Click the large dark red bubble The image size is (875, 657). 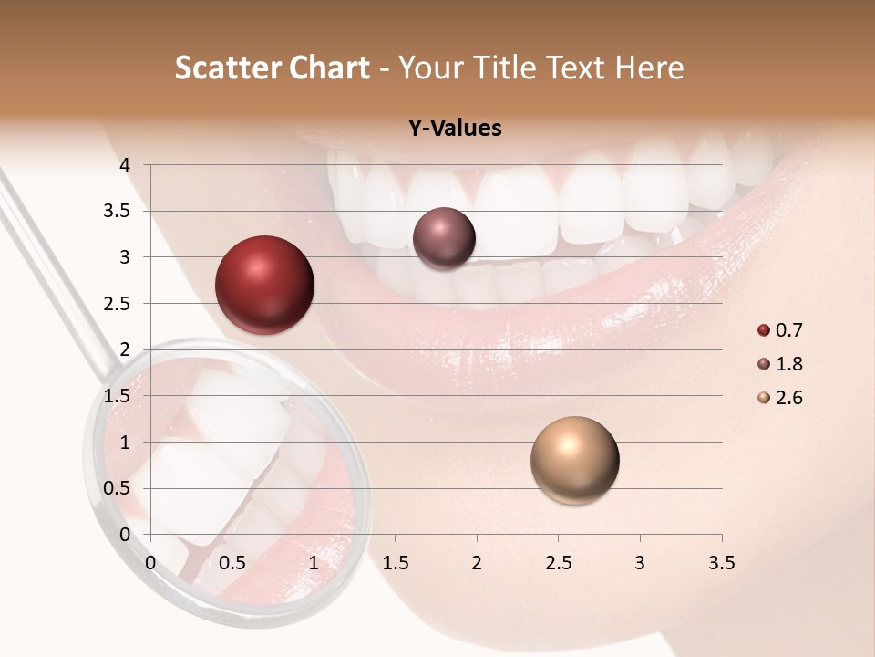[x=264, y=285]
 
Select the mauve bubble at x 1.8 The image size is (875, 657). [x=444, y=238]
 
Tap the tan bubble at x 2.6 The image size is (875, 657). [x=574, y=460]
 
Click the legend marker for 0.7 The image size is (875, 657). [x=764, y=330]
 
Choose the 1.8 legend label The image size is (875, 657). [x=789, y=364]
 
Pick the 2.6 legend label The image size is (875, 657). [x=789, y=398]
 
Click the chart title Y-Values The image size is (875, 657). [x=454, y=129]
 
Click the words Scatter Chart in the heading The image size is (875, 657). [x=272, y=68]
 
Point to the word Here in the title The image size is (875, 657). [x=649, y=68]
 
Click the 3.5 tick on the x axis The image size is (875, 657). [x=721, y=563]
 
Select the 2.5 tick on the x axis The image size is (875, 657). [x=558, y=563]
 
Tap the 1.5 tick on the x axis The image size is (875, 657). [x=395, y=563]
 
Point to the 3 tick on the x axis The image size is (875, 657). [x=640, y=563]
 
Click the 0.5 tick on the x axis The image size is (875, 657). [x=232, y=563]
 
